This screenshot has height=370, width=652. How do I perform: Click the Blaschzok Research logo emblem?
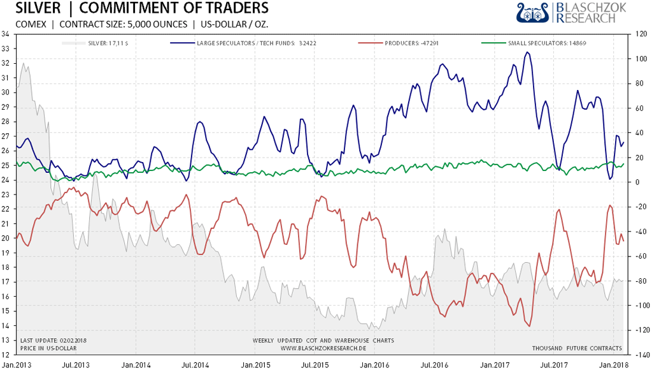coord(534,12)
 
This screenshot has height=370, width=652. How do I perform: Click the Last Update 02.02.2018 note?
coord(53,341)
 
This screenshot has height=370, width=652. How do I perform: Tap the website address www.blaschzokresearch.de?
coord(323,348)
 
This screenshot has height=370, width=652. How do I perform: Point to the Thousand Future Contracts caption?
coord(577,348)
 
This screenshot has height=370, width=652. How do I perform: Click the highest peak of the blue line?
coord(527,52)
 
